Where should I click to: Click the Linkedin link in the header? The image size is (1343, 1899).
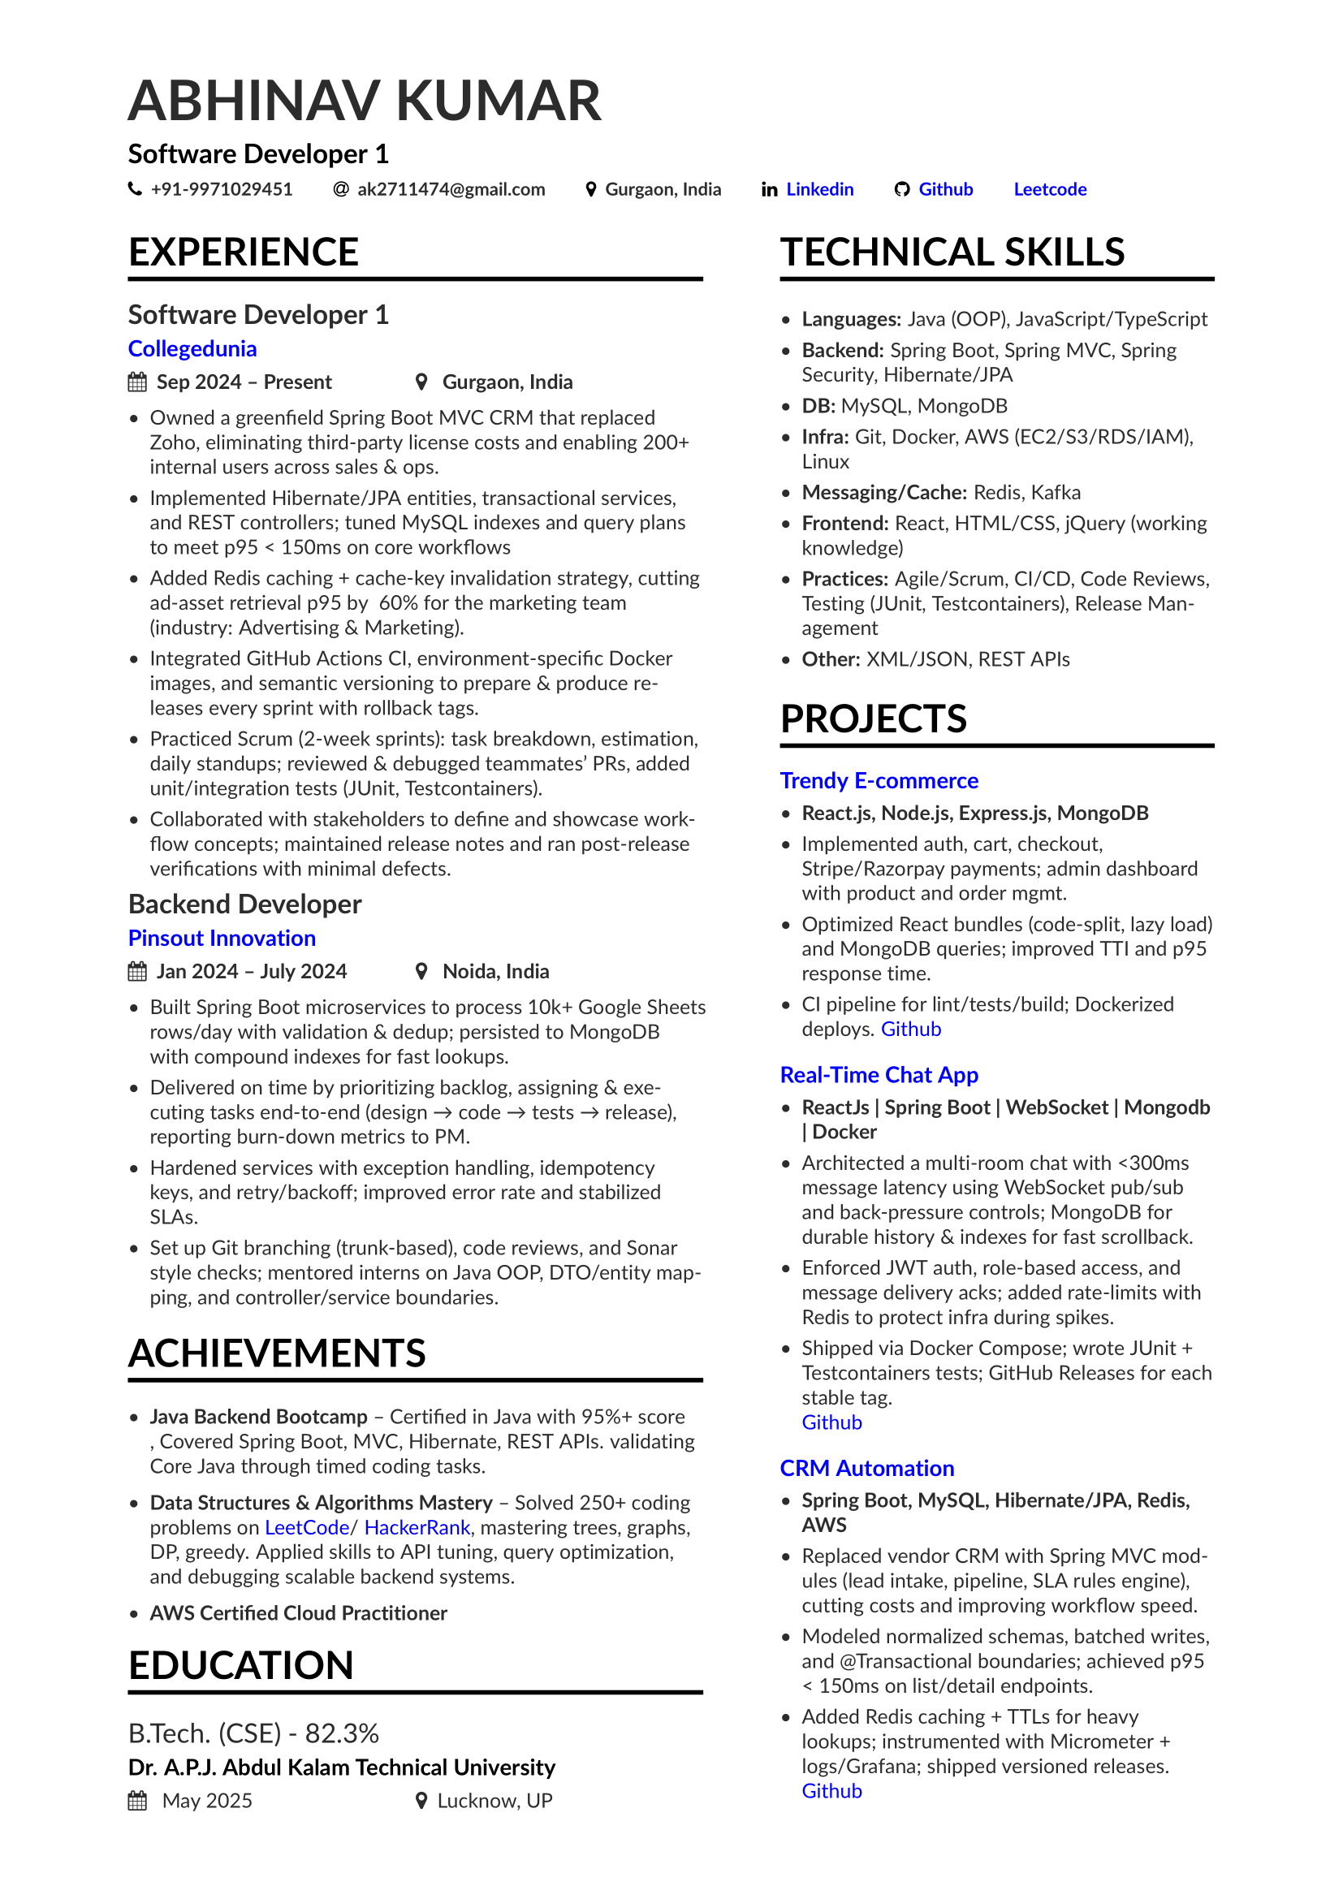coord(818,189)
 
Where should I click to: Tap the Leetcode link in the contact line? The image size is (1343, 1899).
coord(1049,189)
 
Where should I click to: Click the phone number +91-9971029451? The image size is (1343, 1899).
coord(221,189)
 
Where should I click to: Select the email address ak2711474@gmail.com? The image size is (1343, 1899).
coord(451,189)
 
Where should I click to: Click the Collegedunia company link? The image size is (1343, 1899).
coord(192,349)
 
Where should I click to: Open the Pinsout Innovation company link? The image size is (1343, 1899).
coord(222,938)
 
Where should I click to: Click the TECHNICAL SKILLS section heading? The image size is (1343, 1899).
coord(952,252)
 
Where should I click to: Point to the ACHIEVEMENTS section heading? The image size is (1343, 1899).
coord(276,1354)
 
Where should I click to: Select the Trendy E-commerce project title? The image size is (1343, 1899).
coord(879,781)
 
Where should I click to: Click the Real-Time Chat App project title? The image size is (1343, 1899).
coord(879,1075)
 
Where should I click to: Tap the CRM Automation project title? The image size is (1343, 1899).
coord(866,1468)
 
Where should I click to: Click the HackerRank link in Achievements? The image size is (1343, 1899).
coord(417,1528)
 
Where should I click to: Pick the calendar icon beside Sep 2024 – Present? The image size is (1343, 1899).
coord(137,382)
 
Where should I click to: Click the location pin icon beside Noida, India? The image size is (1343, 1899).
coord(421,971)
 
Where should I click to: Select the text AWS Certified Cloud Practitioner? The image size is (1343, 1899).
coord(298,1614)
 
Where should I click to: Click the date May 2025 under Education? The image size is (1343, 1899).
coord(207,1801)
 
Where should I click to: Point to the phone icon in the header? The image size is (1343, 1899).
coord(135,189)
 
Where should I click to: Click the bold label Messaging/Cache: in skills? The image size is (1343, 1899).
coord(884,493)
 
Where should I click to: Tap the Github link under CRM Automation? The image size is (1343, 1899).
coord(831,1791)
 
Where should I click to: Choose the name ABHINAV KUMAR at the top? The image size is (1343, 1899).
coord(365,101)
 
